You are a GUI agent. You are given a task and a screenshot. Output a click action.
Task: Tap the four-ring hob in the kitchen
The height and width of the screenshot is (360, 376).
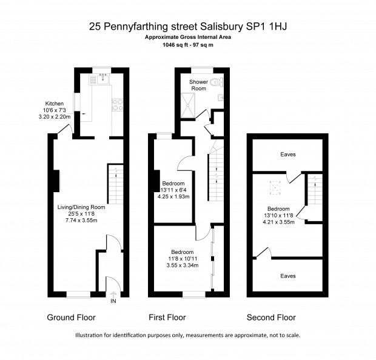click(118, 105)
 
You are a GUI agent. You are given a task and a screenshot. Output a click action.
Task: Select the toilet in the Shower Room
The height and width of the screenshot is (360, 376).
click(217, 82)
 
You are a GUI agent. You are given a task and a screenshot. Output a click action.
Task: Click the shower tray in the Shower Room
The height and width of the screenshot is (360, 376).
click(188, 105)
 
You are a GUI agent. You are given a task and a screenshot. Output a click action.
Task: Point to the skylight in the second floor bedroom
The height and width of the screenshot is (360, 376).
click(275, 188)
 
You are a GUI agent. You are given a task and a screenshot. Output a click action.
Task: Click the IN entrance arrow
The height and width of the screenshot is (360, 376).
click(113, 298)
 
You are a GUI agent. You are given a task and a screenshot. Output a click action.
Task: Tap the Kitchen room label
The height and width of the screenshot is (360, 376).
click(55, 104)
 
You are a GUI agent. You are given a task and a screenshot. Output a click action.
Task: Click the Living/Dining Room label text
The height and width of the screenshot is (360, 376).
click(81, 207)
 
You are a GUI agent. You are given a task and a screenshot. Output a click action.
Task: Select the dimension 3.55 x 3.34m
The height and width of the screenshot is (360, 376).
click(183, 265)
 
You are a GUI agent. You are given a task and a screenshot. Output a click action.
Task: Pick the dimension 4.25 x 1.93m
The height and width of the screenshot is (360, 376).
click(173, 197)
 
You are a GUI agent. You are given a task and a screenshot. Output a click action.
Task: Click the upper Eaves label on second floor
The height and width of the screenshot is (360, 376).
click(288, 155)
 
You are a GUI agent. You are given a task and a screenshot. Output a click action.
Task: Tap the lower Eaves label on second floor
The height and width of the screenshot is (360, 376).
click(288, 276)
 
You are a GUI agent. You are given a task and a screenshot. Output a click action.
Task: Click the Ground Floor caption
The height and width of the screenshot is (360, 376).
click(71, 318)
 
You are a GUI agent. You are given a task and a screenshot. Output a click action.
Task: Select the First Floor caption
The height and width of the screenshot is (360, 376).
click(167, 318)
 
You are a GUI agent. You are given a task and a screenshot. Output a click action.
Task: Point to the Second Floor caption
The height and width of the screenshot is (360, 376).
click(271, 318)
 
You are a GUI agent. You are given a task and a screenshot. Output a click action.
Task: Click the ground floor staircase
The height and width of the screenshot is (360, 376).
click(116, 184)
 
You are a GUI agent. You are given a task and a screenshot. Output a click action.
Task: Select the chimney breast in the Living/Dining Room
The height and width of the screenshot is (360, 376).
click(56, 181)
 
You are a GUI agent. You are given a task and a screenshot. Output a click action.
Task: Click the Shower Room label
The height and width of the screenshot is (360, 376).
click(198, 85)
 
